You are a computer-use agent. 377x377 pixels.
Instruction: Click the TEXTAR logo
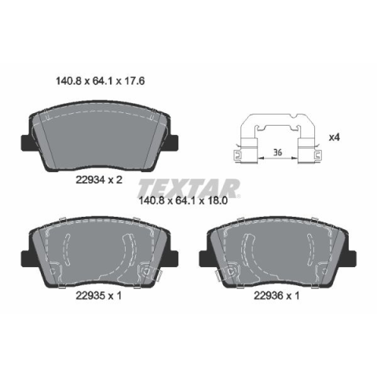(x=188, y=188)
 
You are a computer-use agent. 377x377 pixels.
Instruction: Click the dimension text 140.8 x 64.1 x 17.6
(x=101, y=81)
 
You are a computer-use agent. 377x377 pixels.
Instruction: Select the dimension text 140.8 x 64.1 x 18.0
(x=183, y=201)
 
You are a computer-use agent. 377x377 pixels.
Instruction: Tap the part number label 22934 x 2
(x=99, y=180)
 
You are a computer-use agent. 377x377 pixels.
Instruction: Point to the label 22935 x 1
(x=99, y=296)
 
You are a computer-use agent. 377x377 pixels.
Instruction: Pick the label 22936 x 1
(x=276, y=296)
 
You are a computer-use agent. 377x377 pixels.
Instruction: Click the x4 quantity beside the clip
(x=334, y=137)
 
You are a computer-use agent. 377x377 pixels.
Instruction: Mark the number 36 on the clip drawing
(x=277, y=152)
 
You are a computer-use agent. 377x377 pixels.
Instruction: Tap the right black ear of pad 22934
(x=172, y=143)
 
